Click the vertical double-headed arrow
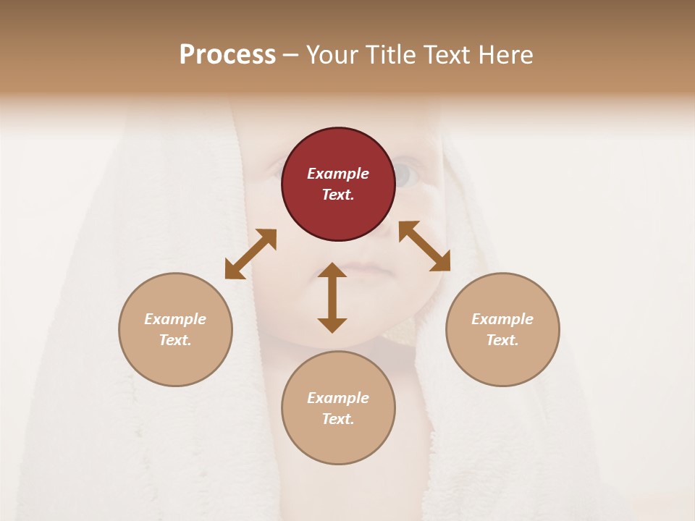coord(332,297)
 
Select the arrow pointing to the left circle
coord(250,254)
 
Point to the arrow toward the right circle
coord(424,246)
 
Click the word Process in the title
coord(227,55)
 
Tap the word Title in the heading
coord(389,55)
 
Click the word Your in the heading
coord(330,55)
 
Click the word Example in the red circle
coord(338,174)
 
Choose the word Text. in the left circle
coord(175,340)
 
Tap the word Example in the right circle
coord(502,319)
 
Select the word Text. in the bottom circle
coord(338,419)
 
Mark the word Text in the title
coord(446,55)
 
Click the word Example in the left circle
coord(175,319)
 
